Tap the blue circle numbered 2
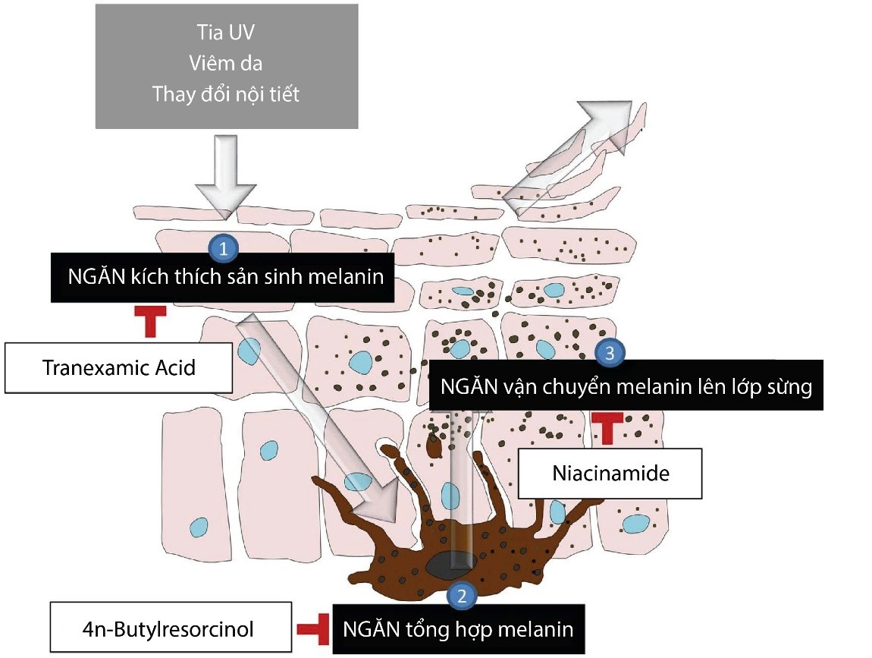point(463,593)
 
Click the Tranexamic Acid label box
point(118,368)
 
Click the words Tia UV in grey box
point(226,33)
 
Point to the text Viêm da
point(226,64)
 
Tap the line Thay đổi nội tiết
point(226,94)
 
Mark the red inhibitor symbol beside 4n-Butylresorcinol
point(312,628)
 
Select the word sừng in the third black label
point(789,386)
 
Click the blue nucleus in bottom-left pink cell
point(199,526)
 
